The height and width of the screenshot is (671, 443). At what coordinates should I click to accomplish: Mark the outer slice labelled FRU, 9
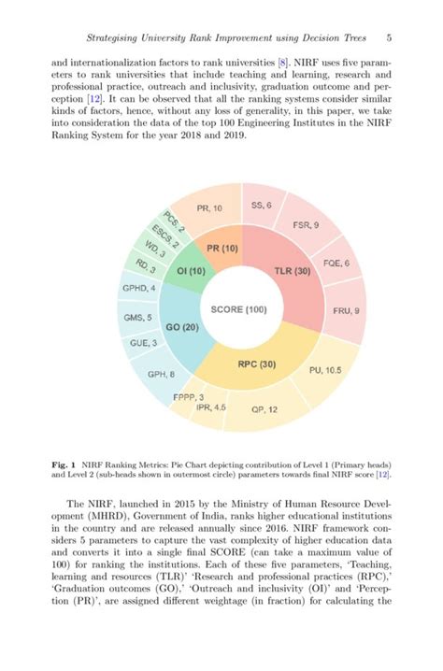[x=345, y=309]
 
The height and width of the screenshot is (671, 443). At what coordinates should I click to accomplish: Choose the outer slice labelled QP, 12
[x=265, y=409]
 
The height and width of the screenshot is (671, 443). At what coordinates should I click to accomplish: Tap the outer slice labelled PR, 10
[x=210, y=208]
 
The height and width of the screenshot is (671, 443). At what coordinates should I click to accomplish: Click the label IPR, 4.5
[x=210, y=407]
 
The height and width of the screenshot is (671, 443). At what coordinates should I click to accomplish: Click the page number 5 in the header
[x=388, y=38]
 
